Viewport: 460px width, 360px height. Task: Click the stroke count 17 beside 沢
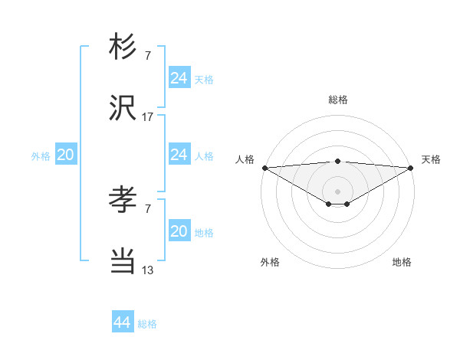coord(148,117)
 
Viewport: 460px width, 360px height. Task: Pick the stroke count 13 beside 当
coord(148,270)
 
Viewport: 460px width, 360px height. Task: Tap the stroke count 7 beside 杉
coord(148,55)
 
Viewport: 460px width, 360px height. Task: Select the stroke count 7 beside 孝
coord(148,208)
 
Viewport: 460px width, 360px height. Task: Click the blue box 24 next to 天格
coord(179,78)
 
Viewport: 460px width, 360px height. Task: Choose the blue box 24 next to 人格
coord(179,155)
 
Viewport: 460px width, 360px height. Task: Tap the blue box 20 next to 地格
coord(179,231)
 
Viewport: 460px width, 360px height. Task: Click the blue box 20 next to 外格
coord(66,155)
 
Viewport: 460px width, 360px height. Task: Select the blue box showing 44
coord(122,322)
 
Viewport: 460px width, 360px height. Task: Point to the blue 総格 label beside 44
coord(148,324)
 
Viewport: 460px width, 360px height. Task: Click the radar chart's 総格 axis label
coord(337,100)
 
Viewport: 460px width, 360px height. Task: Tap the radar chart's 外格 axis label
coord(270,262)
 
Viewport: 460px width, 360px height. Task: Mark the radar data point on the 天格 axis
coord(411,168)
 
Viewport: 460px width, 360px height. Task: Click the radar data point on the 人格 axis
coord(264,168)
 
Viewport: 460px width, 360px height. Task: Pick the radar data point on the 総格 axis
coord(337,161)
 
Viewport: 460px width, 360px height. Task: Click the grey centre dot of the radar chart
coord(337,191)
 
